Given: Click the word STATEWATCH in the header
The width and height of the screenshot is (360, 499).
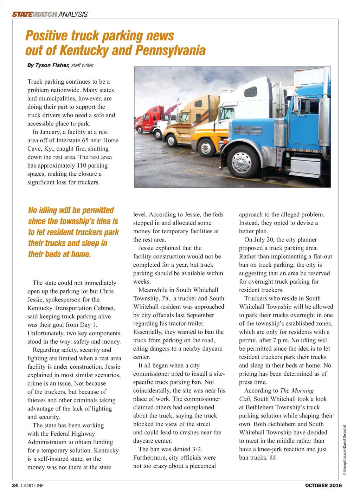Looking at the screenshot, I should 34,14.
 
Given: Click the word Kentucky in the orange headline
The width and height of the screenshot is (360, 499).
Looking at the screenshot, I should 83,51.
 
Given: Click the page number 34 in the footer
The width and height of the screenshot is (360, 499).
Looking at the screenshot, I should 15,485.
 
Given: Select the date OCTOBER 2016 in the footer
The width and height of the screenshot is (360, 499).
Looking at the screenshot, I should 323,485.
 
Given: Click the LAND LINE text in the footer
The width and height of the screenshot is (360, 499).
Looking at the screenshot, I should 32,485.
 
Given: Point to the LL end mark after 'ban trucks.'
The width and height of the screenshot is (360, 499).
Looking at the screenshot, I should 273,458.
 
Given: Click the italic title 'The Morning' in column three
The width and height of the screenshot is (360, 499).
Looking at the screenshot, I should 297,390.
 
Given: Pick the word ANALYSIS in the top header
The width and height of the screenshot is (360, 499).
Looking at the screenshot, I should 73,14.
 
